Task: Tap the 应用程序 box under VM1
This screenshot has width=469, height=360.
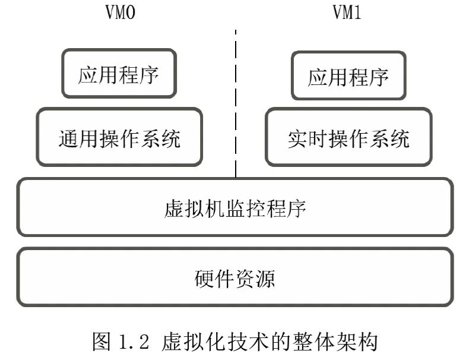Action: [348, 76]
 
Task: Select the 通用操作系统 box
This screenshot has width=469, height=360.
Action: [119, 137]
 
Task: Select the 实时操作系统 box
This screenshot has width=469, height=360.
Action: [348, 137]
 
